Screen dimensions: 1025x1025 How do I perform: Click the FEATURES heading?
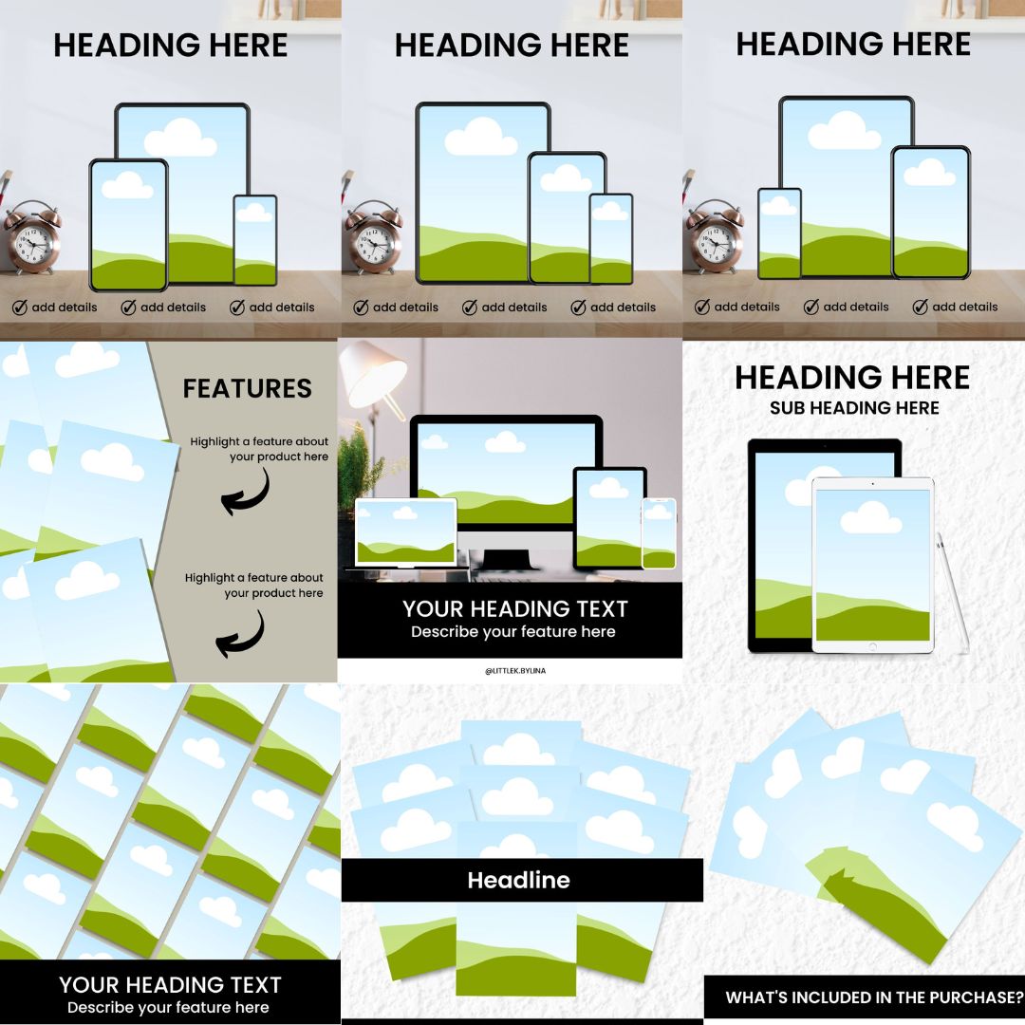247,388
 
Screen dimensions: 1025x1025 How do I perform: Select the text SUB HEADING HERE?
854,408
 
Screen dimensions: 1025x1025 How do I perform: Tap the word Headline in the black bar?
518,880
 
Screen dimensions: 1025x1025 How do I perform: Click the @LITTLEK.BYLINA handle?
515,671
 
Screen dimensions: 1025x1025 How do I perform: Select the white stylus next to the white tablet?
953,591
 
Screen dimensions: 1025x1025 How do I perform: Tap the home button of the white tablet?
872,646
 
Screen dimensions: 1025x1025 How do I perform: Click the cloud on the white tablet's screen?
870,517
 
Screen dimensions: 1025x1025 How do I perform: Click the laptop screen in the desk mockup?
406,531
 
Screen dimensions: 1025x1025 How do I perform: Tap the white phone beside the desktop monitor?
659,533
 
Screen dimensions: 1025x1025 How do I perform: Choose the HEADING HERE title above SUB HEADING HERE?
852,378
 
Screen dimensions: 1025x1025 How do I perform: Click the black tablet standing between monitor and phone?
608,518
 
